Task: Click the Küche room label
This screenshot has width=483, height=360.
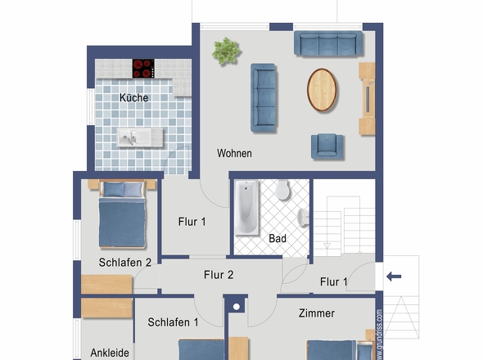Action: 133,98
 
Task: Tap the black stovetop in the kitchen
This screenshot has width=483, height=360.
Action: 144,68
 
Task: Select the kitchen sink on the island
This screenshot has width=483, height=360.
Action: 131,137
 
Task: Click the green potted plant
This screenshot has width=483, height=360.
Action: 226,51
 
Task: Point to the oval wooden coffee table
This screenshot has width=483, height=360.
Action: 323,88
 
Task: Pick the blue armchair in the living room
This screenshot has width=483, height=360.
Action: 327,146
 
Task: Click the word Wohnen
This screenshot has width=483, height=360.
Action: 234,153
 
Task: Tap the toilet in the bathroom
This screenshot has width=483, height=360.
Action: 283,191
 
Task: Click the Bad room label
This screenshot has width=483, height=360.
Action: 278,239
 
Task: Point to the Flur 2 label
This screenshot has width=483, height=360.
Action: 219,275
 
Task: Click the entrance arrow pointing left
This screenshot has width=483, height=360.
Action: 394,277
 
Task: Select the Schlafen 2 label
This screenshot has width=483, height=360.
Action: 125,263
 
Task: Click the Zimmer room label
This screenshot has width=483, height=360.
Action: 317,313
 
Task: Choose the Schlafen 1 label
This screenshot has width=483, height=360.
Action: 174,322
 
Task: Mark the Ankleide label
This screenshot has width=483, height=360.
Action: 109,353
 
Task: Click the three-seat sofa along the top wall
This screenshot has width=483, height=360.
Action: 328,43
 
